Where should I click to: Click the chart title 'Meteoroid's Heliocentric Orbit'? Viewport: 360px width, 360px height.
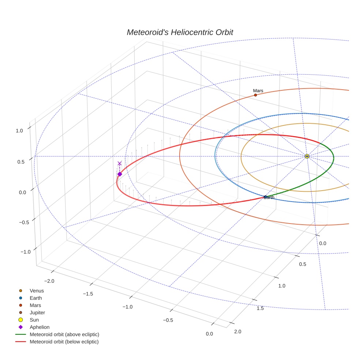(x=180, y=32)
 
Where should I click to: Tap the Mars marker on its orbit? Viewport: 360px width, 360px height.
(x=255, y=95)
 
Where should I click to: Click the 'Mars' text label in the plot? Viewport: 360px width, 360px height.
(x=258, y=91)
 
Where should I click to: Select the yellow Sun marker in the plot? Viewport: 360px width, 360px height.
(x=307, y=156)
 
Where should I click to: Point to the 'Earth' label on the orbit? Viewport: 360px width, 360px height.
(x=269, y=198)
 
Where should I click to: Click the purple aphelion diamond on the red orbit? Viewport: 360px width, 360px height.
(x=120, y=174)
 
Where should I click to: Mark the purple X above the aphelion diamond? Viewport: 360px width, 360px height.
(x=120, y=163)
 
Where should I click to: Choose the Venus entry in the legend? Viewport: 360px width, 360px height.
(x=37, y=291)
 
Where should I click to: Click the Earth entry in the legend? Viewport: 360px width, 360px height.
(x=35, y=298)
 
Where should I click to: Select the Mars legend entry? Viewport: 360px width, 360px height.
(x=35, y=305)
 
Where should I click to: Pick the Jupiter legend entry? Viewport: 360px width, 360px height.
(x=37, y=312)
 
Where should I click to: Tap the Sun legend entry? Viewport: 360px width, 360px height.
(x=34, y=320)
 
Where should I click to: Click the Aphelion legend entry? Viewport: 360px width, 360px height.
(x=40, y=327)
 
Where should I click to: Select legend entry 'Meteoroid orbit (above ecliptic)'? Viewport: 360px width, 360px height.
(x=64, y=334)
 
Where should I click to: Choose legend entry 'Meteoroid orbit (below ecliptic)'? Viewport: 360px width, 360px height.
(x=64, y=342)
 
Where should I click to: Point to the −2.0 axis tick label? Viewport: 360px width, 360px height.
(x=49, y=281)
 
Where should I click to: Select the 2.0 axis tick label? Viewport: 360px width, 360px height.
(x=237, y=331)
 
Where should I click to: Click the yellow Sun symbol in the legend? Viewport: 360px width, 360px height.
(x=20, y=320)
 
